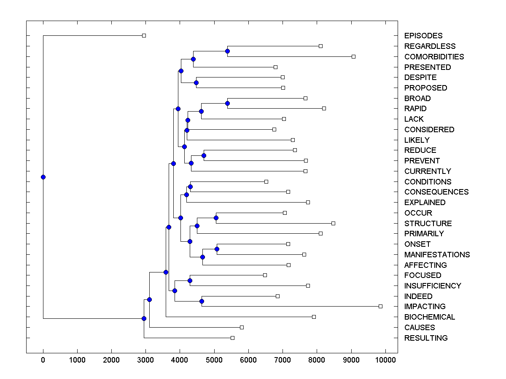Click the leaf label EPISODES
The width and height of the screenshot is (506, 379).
coord(423,36)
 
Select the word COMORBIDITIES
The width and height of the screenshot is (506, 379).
coord(434,56)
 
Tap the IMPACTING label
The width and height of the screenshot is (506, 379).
coord(425,307)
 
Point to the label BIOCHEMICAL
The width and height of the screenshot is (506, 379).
coord(430,317)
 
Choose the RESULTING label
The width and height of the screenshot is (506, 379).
coord(426,338)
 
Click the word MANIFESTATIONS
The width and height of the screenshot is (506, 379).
coord(437,254)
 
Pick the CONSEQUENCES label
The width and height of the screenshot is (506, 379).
coord(436,192)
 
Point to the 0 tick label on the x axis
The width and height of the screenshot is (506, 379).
coord(43,359)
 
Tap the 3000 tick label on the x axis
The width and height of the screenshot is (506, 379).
coord(145,359)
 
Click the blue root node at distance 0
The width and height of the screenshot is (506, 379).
coord(43,177)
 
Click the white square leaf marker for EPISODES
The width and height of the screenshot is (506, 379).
coord(144,36)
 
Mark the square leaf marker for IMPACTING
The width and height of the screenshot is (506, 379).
coord(380,306)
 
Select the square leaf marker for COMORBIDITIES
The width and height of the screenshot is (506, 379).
coord(353,56)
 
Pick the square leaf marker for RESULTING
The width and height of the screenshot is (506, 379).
coord(232,338)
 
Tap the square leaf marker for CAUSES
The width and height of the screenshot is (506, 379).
coord(242,327)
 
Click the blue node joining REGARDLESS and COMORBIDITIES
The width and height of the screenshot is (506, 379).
coord(227,51)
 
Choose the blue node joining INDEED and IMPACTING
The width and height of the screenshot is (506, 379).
coord(202,301)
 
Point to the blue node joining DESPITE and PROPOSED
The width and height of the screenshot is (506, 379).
coord(196,83)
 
